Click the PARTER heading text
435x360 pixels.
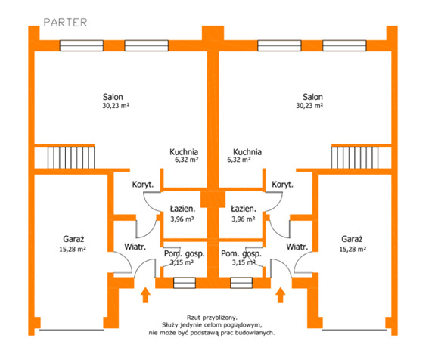[66, 23]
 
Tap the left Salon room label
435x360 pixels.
[113, 97]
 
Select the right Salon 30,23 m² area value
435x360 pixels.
[309, 106]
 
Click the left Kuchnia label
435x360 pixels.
[184, 152]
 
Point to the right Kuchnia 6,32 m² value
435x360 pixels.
[239, 160]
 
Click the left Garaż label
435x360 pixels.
[73, 239]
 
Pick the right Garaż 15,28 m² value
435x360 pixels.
[353, 249]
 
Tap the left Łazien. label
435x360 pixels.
[182, 209]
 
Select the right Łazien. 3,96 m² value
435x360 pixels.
[244, 219]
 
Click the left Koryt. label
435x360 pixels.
[143, 185]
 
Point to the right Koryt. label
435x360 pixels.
[282, 185]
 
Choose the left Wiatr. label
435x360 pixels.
[135, 247]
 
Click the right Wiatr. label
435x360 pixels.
[297, 247]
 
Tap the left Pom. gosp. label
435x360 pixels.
[185, 254]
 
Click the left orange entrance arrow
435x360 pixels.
[145, 294]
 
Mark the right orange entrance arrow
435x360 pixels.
[281, 294]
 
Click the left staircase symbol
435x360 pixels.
[71, 157]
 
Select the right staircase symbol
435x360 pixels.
[355, 157]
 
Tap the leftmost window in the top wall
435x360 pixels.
[82, 46]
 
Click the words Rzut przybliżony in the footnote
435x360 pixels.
[212, 318]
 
